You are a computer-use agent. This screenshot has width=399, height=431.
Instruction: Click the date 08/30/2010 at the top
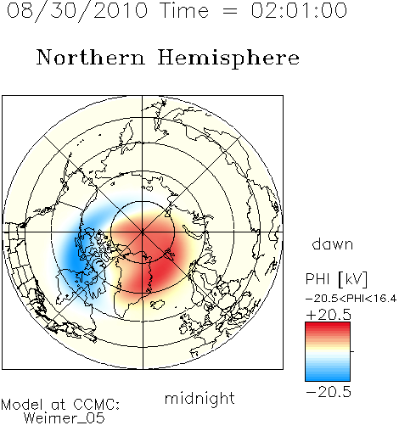point(77,11)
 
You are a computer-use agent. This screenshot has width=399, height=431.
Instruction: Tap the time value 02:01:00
point(299,10)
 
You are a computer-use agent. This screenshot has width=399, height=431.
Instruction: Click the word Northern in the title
point(90,58)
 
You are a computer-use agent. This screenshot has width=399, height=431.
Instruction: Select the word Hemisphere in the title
point(228,59)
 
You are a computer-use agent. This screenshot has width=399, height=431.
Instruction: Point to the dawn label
point(332,243)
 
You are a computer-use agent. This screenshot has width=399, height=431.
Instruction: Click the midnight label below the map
point(199,398)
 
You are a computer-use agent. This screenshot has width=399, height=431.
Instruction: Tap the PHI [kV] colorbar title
point(336,279)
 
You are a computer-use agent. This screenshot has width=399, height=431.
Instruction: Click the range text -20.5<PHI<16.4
point(351,298)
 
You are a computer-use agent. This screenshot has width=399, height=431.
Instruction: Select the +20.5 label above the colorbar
point(329,315)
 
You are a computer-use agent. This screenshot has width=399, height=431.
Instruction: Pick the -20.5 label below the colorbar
point(329,392)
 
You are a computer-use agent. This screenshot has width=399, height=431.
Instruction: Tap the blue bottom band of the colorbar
point(328,377)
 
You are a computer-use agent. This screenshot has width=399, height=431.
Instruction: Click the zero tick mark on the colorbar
point(352,351)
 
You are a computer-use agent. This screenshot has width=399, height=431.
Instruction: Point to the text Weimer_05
point(65,418)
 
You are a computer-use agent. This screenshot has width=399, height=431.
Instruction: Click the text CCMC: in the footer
point(97,405)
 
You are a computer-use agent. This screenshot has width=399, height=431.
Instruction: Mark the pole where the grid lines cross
point(143,232)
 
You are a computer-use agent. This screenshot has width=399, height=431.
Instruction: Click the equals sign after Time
point(230,12)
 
